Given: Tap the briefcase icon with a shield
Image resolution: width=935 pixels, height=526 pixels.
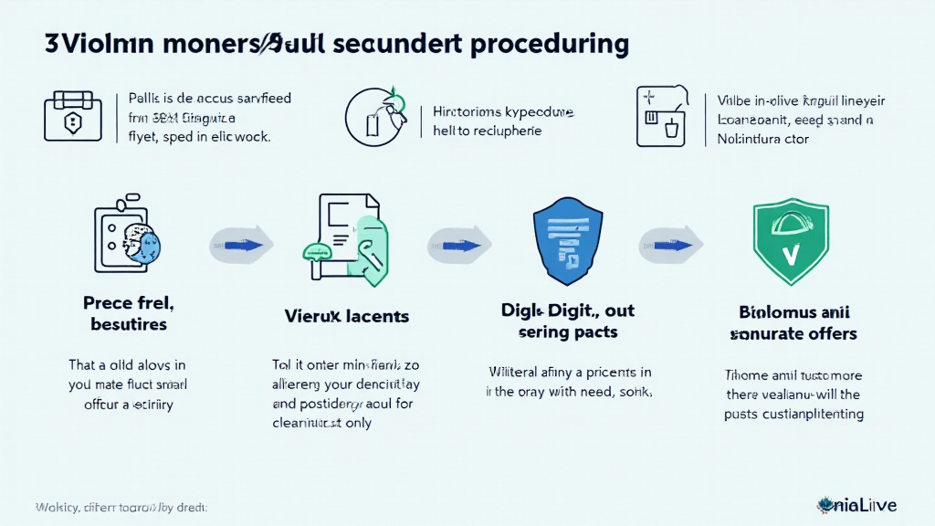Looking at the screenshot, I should coord(72,116).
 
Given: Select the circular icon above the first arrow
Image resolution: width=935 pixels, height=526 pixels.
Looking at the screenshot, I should coord(375,118).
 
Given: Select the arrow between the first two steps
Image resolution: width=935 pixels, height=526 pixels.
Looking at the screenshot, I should coord(241,244).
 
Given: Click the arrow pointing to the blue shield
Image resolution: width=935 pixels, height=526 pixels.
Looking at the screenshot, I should coord(459,244).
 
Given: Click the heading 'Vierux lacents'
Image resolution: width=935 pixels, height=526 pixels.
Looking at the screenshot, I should coord(347,317).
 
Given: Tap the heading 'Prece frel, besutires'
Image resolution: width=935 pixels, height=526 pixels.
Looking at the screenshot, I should coord(129,312).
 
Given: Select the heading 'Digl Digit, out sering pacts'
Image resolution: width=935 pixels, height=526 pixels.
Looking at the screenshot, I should coord(569,321).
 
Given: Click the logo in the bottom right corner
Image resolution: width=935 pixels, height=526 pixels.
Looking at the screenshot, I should coord(857,504).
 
